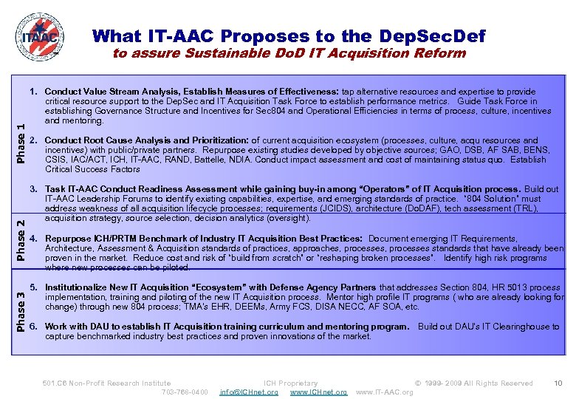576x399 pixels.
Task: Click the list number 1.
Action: (x=34, y=92)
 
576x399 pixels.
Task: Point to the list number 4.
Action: (x=34, y=239)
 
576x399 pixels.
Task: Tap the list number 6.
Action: (x=34, y=327)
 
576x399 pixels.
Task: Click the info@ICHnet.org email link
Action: (x=249, y=392)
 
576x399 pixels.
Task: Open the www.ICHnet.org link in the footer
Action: (x=318, y=392)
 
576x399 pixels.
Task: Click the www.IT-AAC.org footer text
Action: (x=385, y=392)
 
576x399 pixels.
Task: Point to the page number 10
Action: (x=558, y=383)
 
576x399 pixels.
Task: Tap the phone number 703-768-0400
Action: (x=185, y=392)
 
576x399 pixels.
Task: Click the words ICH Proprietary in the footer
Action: (x=291, y=383)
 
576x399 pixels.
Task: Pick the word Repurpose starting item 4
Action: (x=67, y=239)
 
